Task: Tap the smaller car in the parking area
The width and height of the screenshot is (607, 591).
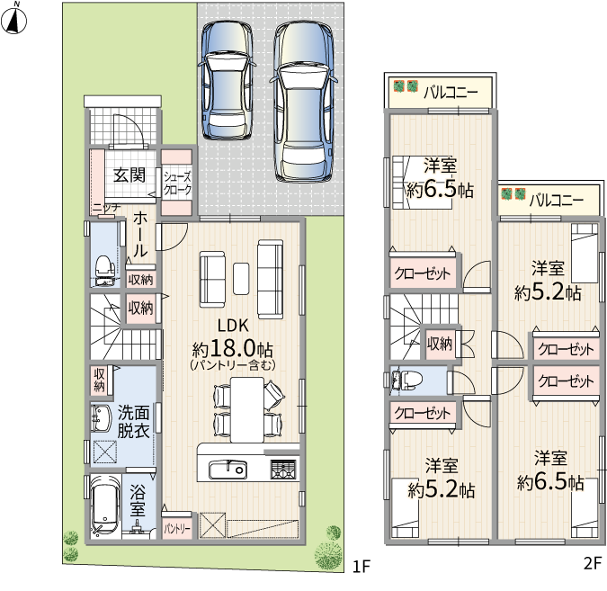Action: pyautogui.click(x=227, y=80)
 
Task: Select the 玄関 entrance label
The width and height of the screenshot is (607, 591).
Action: pyautogui.click(x=129, y=175)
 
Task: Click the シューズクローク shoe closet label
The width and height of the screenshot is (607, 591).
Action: pyautogui.click(x=177, y=184)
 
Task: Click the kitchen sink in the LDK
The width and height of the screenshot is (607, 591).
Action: pyautogui.click(x=228, y=470)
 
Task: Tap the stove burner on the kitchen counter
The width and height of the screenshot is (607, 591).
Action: pyautogui.click(x=283, y=469)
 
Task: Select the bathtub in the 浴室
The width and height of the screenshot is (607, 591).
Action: pyautogui.click(x=104, y=505)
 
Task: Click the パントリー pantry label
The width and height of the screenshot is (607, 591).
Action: pyautogui.click(x=177, y=529)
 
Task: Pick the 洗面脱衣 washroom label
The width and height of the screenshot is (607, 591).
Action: pyautogui.click(x=134, y=422)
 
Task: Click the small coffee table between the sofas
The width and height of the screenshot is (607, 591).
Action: pyautogui.click(x=241, y=279)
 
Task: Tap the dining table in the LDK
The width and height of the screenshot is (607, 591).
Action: pyautogui.click(x=247, y=409)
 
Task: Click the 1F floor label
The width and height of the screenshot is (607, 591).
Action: pyautogui.click(x=362, y=567)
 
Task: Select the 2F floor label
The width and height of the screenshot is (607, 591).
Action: pyautogui.click(x=593, y=563)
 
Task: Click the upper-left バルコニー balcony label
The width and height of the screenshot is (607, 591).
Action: pyautogui.click(x=451, y=93)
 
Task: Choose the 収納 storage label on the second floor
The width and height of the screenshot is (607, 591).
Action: pyautogui.click(x=440, y=343)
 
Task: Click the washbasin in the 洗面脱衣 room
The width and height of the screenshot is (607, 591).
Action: pyautogui.click(x=100, y=418)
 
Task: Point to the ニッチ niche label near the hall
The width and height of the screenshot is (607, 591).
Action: pyautogui.click(x=106, y=209)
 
